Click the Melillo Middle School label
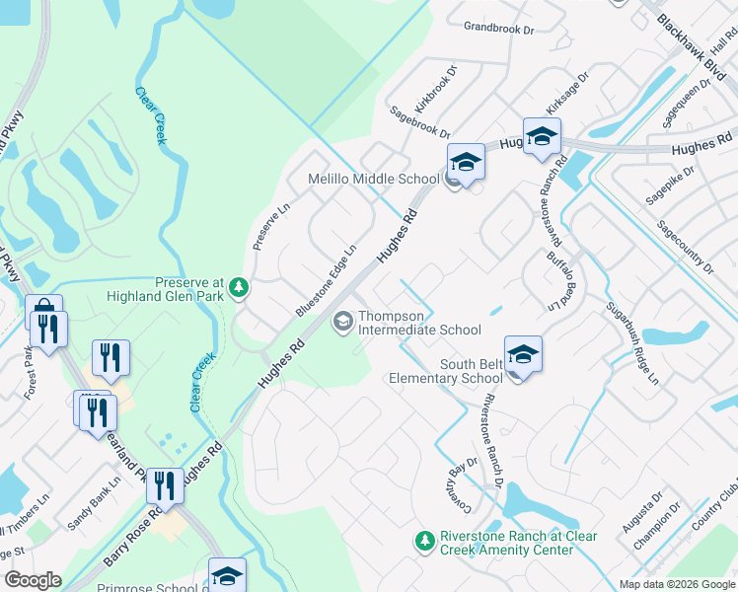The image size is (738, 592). pos(373,179)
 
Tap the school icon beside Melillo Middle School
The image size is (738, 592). pos(466,162)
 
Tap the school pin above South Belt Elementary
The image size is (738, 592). pos(523,354)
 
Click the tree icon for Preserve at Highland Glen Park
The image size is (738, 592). pos(239,287)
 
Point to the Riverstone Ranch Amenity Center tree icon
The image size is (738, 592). pos(424,541)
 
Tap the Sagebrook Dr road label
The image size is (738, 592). pos(419,122)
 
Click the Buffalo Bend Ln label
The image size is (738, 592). pos(560,281)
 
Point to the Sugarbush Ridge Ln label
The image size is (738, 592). pos(631,341)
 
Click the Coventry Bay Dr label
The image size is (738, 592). pos(461,479)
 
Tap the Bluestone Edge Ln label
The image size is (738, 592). pos(325,281)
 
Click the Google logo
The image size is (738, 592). pos(34,580)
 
